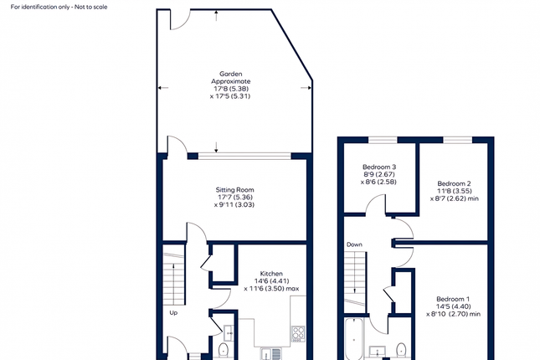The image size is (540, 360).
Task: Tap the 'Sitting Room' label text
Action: tap(234, 189)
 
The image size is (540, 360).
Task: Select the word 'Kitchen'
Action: tap(271, 273)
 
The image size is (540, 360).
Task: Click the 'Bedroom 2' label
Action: tap(454, 183)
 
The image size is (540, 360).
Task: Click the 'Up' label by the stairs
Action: tap(173, 313)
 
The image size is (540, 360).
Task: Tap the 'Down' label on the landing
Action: tap(354, 244)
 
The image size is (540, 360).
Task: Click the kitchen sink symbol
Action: tap(272, 352)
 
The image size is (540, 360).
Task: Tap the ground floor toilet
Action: tap(224, 350)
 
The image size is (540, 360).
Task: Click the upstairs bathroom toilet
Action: tap(402, 350)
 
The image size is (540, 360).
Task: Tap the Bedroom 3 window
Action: tap(383, 138)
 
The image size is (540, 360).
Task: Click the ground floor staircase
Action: tap(172, 272)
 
